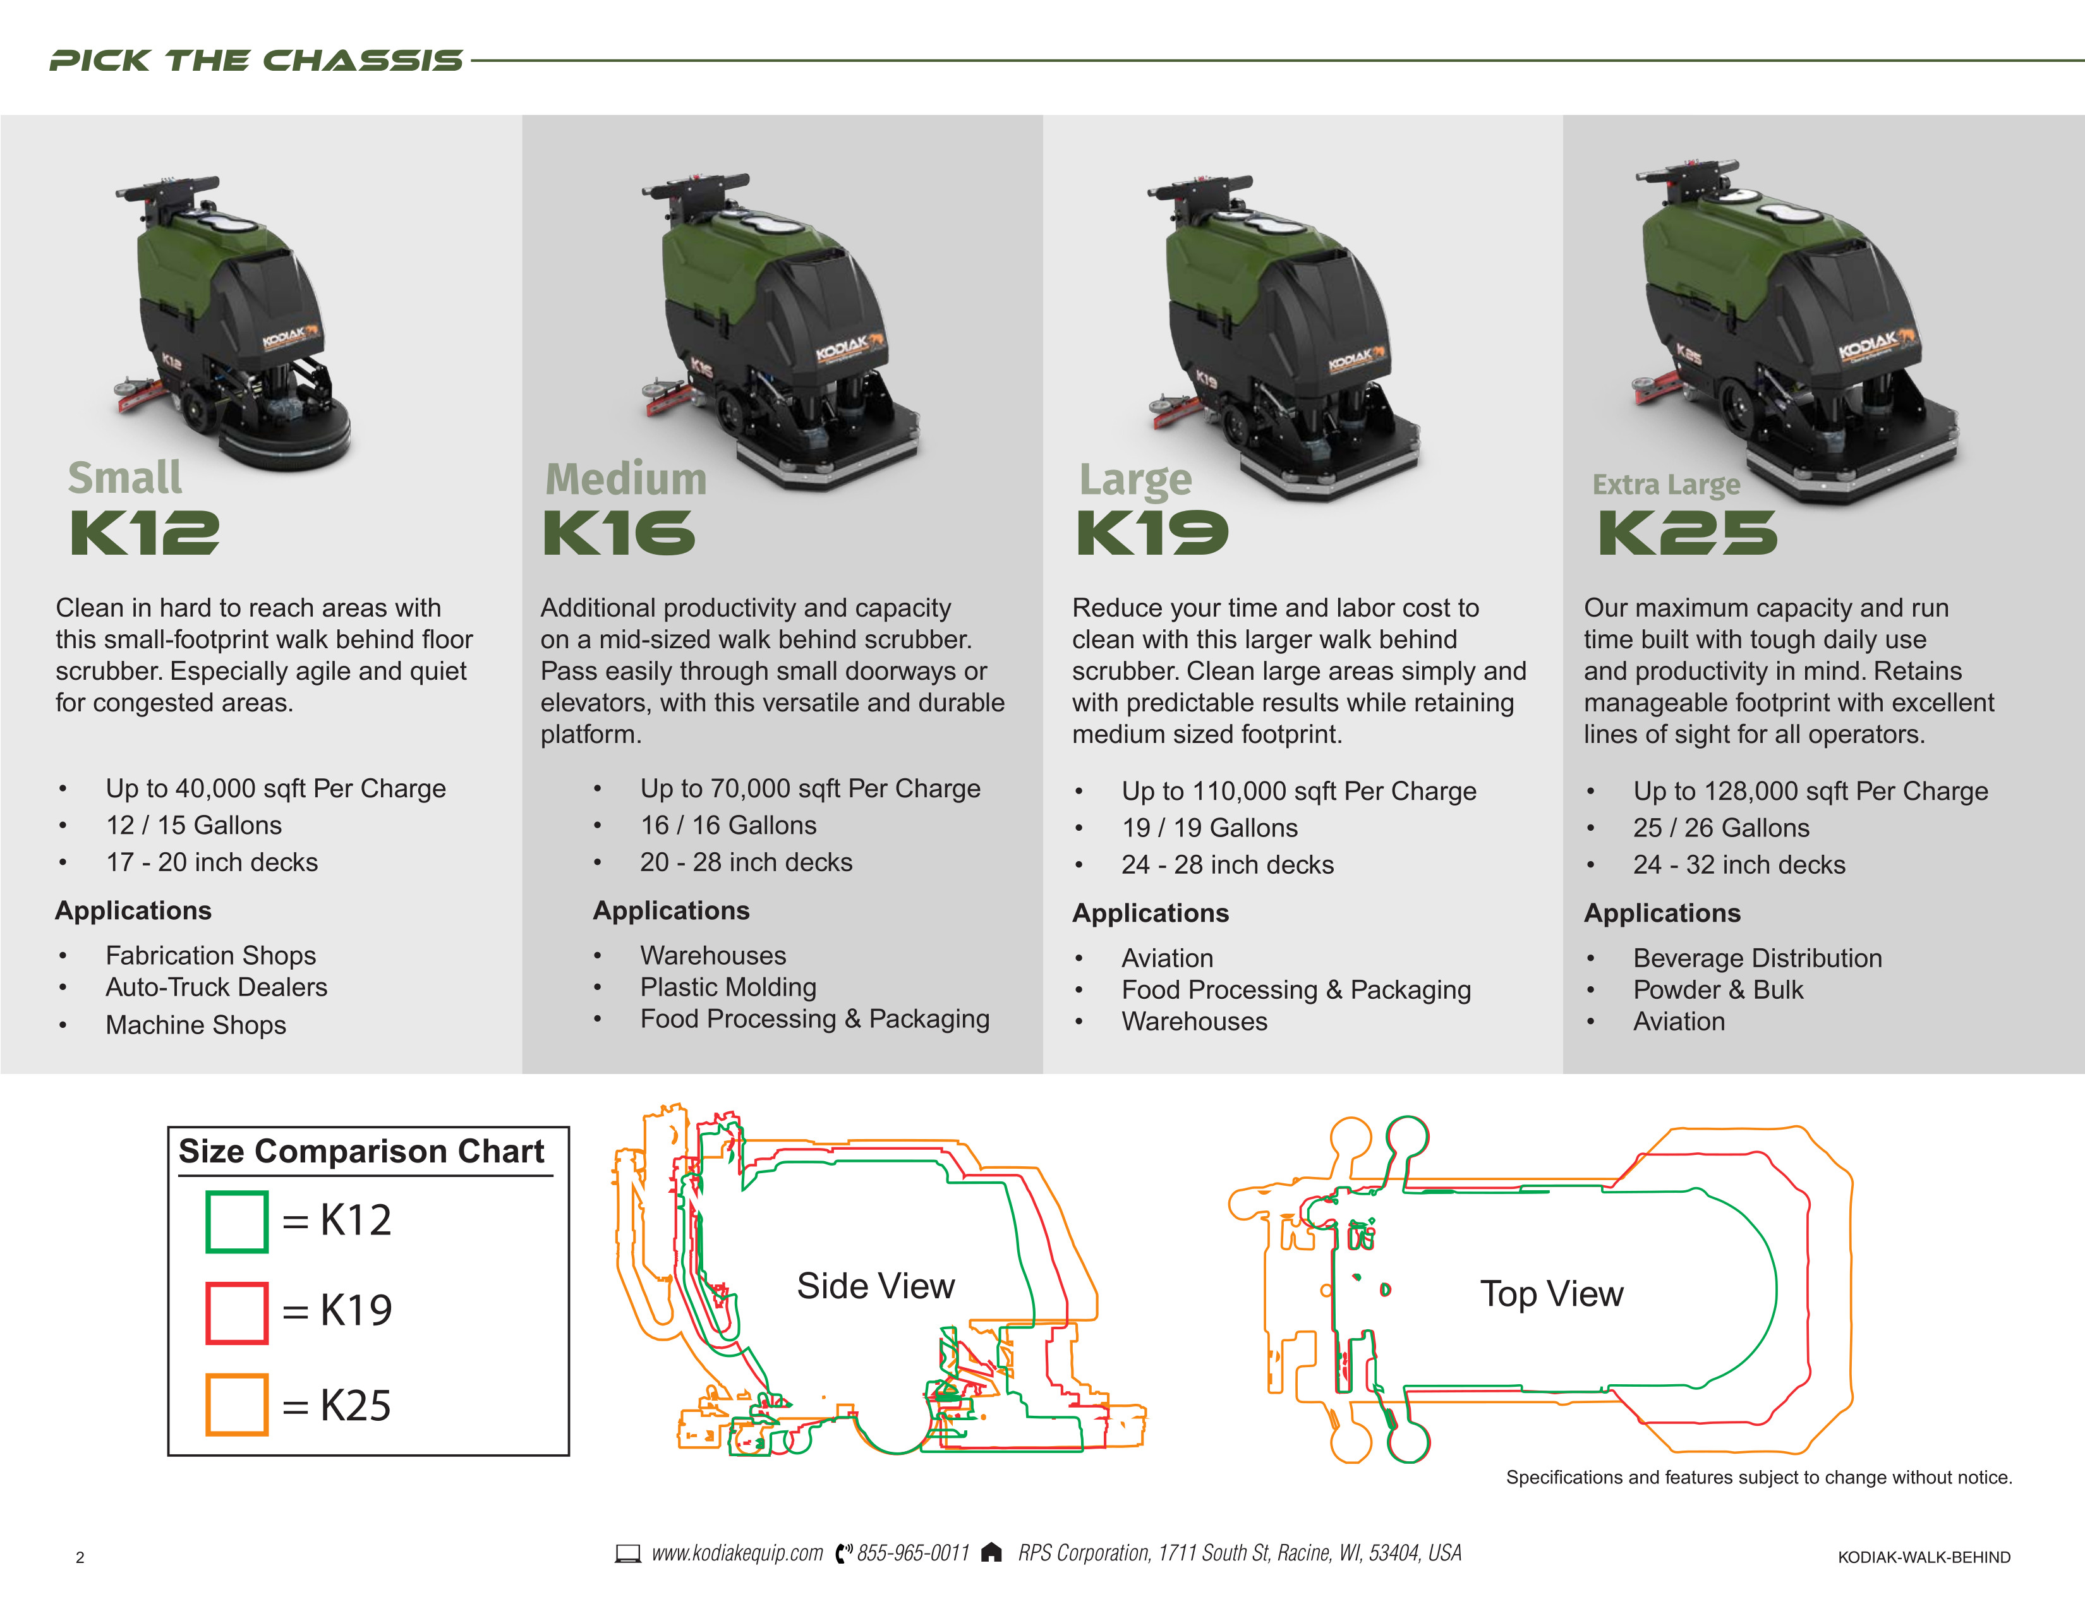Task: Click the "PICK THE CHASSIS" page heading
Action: pos(256,61)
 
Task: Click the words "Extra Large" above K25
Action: pos(1666,485)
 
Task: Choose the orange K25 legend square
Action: pos(237,1404)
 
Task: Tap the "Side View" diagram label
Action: pos(876,1286)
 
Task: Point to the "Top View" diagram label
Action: pos(1551,1293)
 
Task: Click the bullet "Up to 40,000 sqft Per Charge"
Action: pos(275,788)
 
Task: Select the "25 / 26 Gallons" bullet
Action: pos(1720,828)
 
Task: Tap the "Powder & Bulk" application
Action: pos(1717,990)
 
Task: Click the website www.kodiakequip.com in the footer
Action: pos(737,1553)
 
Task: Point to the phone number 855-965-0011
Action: pos(913,1553)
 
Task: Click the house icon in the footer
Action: pos(992,1553)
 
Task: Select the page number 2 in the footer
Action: pos(80,1557)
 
